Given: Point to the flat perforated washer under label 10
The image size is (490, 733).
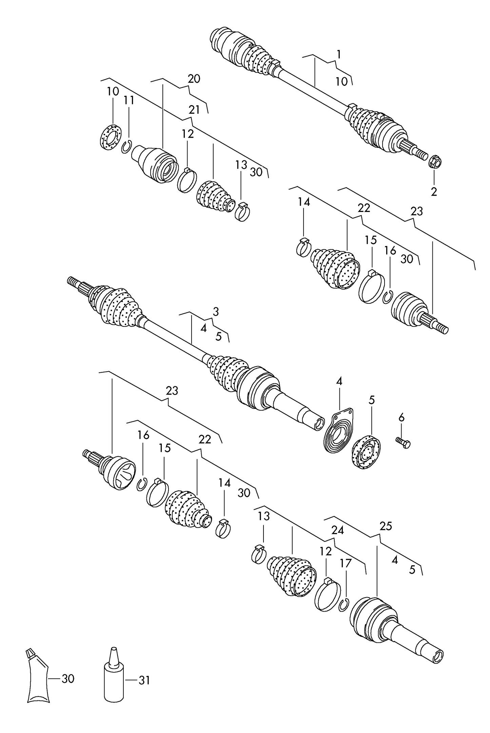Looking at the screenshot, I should (111, 137).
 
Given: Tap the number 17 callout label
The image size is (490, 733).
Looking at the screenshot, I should (346, 563).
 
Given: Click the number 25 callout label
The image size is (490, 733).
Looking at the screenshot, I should (386, 526).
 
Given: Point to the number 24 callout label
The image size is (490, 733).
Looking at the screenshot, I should (337, 530).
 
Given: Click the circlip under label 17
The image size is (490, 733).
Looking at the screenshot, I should (344, 605).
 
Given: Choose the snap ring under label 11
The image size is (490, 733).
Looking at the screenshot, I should (126, 147).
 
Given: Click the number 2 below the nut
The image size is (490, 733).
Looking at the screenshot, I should (434, 192).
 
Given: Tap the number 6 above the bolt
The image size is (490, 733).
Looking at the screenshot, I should (401, 418).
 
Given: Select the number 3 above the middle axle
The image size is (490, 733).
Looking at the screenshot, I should (216, 312).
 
